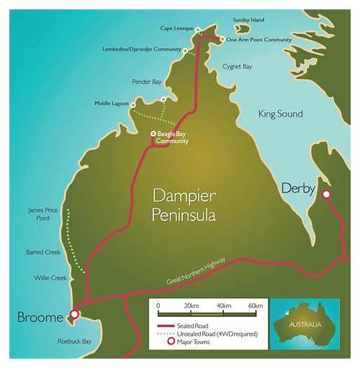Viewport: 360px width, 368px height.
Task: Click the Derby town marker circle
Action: pyautogui.click(x=326, y=194)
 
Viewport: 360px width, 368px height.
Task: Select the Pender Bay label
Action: pyautogui.click(x=147, y=82)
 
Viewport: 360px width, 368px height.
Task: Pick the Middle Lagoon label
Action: pyautogui.click(x=112, y=104)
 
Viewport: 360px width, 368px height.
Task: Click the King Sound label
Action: pyautogui.click(x=280, y=114)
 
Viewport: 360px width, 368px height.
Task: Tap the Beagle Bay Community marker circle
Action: pyautogui.click(x=153, y=134)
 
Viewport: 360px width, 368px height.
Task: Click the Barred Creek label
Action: pyautogui.click(x=42, y=253)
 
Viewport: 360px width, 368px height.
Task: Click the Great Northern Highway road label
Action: pyautogui.click(x=197, y=271)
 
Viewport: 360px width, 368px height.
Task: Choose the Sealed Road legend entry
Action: pyautogui.click(x=191, y=326)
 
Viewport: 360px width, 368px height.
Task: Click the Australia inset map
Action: pyautogui.click(x=310, y=328)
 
